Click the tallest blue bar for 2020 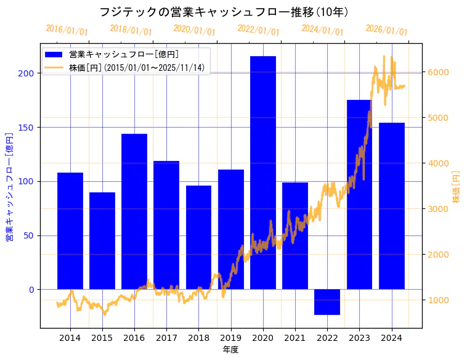263,173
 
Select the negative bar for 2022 327,302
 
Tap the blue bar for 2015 102,240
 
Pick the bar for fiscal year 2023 359,194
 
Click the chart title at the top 224,12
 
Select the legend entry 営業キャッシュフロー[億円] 124,54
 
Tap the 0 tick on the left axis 32,290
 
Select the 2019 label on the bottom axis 231,337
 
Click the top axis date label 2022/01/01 258,30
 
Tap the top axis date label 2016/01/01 67,30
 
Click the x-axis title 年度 230,350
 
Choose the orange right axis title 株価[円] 457,187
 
